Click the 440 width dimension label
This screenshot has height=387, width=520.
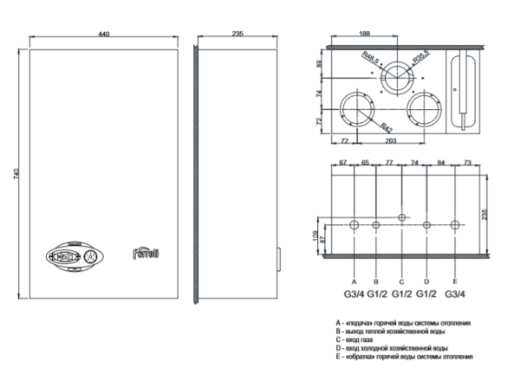(x=104, y=34)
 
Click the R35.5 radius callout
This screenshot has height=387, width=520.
(x=420, y=58)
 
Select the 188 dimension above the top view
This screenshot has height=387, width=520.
(x=367, y=34)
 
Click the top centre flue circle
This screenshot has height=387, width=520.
(x=399, y=78)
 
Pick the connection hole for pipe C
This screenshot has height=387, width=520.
(x=400, y=216)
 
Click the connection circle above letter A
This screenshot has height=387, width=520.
(x=354, y=225)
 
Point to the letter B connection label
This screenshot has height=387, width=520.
(x=375, y=281)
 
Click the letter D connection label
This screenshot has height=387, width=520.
(x=426, y=281)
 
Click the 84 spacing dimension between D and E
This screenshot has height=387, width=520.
(x=441, y=162)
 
